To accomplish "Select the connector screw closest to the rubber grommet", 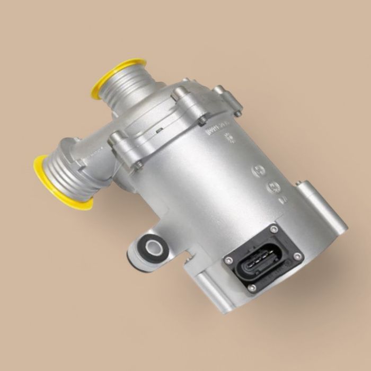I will [x=229, y=260].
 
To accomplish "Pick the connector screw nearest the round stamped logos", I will [x=274, y=229].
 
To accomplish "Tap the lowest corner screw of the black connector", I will [x=252, y=288].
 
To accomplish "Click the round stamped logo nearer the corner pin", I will [x=275, y=186].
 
